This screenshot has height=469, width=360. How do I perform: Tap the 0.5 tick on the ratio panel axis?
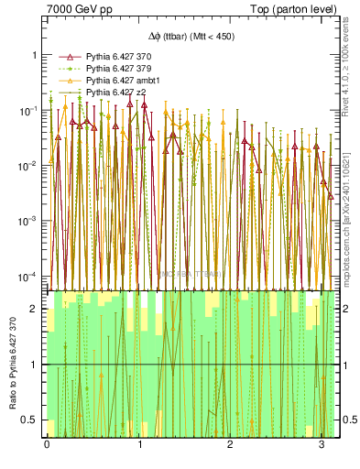click(31, 420)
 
